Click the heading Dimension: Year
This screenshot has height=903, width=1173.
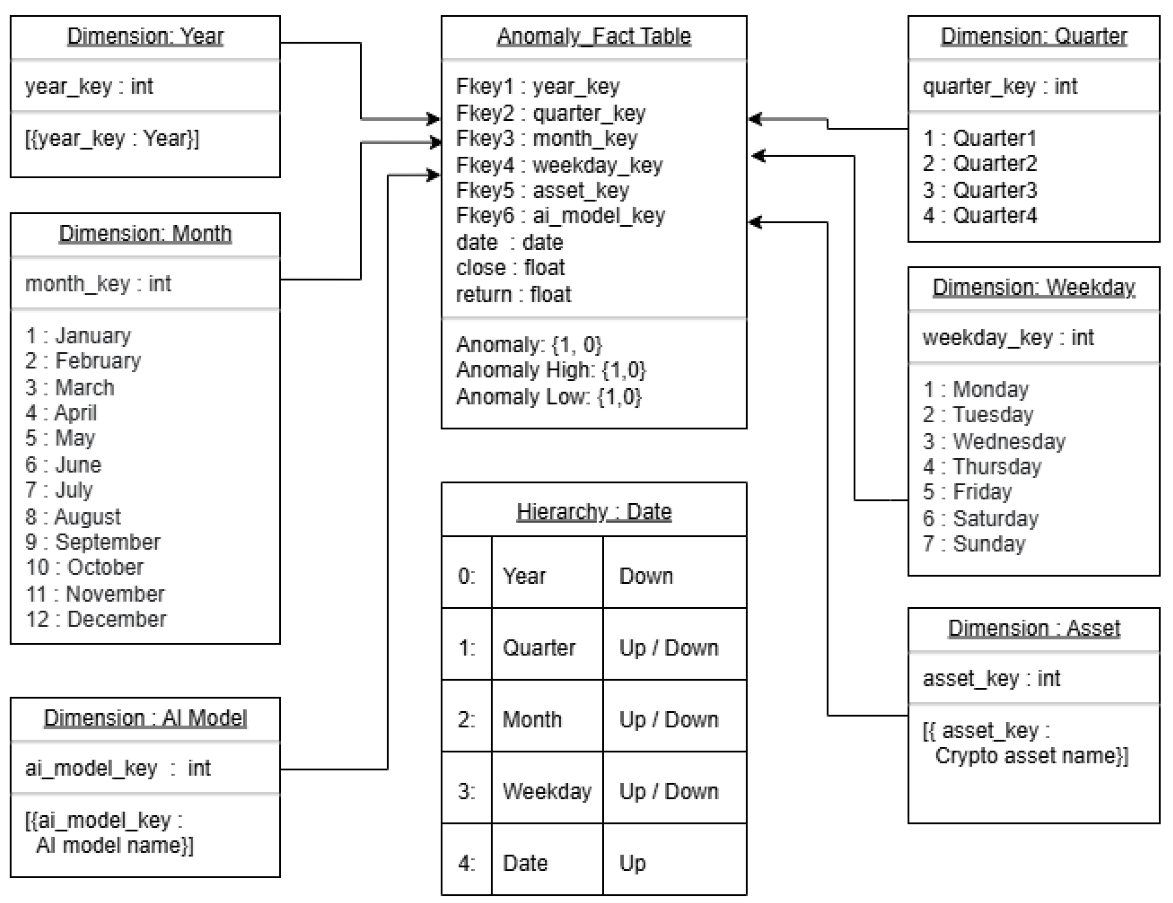[x=145, y=36]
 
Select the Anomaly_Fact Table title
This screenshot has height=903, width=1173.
[x=594, y=36]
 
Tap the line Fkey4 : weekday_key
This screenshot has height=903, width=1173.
[x=559, y=165]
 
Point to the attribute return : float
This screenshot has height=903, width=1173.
[x=513, y=294]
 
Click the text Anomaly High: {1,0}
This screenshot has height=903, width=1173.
[x=551, y=370]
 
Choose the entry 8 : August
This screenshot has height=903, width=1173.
[x=73, y=517]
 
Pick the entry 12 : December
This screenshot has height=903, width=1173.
[x=96, y=619]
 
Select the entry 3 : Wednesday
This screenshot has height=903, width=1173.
[x=994, y=441]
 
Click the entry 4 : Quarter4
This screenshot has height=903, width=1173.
[x=979, y=215]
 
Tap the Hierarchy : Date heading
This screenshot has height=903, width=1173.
[x=594, y=511]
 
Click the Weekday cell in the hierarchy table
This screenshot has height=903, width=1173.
[x=547, y=791]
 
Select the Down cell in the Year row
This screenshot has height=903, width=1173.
[x=645, y=576]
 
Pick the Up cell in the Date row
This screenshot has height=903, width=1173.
[x=632, y=863]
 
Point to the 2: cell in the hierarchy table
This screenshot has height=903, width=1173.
[x=466, y=720]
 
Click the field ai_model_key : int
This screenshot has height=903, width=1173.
[x=117, y=768]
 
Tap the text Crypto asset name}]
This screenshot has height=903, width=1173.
[x=1031, y=756]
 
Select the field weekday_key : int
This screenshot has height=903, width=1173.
[x=1008, y=337]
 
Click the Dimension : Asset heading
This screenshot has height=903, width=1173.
[x=1034, y=628]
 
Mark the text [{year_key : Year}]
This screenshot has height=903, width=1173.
[x=112, y=139]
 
